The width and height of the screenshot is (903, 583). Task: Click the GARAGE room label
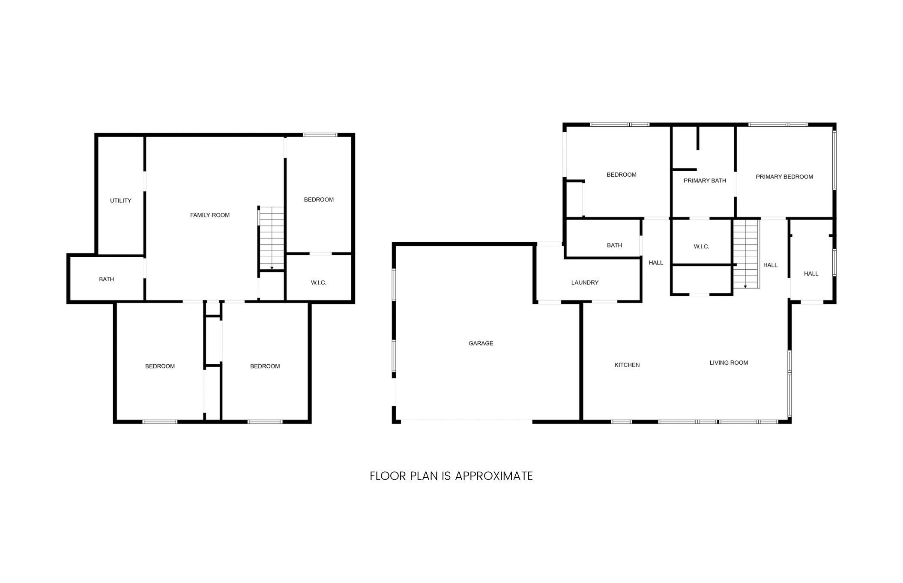click(481, 343)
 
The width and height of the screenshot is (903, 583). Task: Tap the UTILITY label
click(120, 201)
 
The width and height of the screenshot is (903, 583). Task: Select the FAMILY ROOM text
click(210, 215)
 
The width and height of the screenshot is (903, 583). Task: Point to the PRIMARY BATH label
click(705, 181)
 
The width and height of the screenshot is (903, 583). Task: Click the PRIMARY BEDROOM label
click(784, 177)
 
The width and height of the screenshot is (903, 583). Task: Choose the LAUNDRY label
click(585, 283)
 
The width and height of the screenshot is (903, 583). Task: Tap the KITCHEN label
click(627, 365)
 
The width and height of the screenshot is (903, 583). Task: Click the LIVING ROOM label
click(729, 363)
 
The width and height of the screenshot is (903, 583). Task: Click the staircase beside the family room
click(272, 238)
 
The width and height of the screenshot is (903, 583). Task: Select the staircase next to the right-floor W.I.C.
click(746, 253)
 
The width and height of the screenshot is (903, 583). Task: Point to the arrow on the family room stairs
click(272, 268)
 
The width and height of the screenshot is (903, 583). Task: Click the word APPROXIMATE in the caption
click(493, 476)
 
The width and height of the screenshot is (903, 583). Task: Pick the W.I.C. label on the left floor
click(318, 283)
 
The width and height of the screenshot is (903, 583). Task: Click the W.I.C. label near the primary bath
click(701, 247)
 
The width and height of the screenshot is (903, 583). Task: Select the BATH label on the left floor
click(106, 280)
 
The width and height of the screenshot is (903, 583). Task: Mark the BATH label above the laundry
click(614, 245)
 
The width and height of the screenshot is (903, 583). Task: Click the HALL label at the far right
click(811, 274)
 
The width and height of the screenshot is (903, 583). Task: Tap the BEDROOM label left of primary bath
click(621, 175)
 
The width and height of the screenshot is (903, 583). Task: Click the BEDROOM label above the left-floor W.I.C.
click(319, 199)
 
